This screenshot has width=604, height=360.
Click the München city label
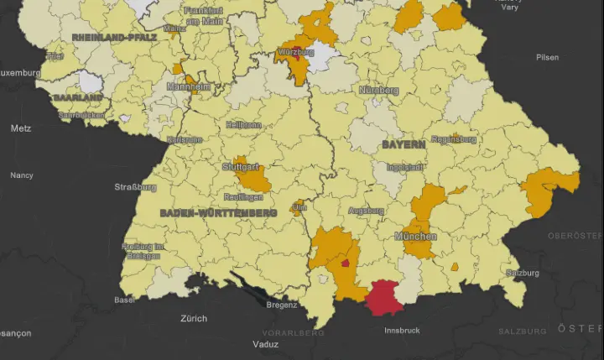tap(415, 237)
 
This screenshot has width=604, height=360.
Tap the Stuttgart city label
tap(241, 167)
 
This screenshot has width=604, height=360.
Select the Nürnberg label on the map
tap(378, 90)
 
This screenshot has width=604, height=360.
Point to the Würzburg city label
tap(295, 52)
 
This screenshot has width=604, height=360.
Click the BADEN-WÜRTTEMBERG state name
tap(218, 213)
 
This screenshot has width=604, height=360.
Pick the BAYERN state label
tap(404, 144)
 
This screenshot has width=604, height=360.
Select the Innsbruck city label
tap(403, 330)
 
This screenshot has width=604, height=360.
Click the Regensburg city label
tap(453, 139)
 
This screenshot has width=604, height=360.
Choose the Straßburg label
tap(136, 186)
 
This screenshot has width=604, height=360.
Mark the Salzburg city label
tap(522, 274)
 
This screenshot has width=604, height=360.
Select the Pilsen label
tap(547, 57)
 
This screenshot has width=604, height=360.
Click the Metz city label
tap(21, 128)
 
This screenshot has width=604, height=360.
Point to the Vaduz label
tap(267, 344)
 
